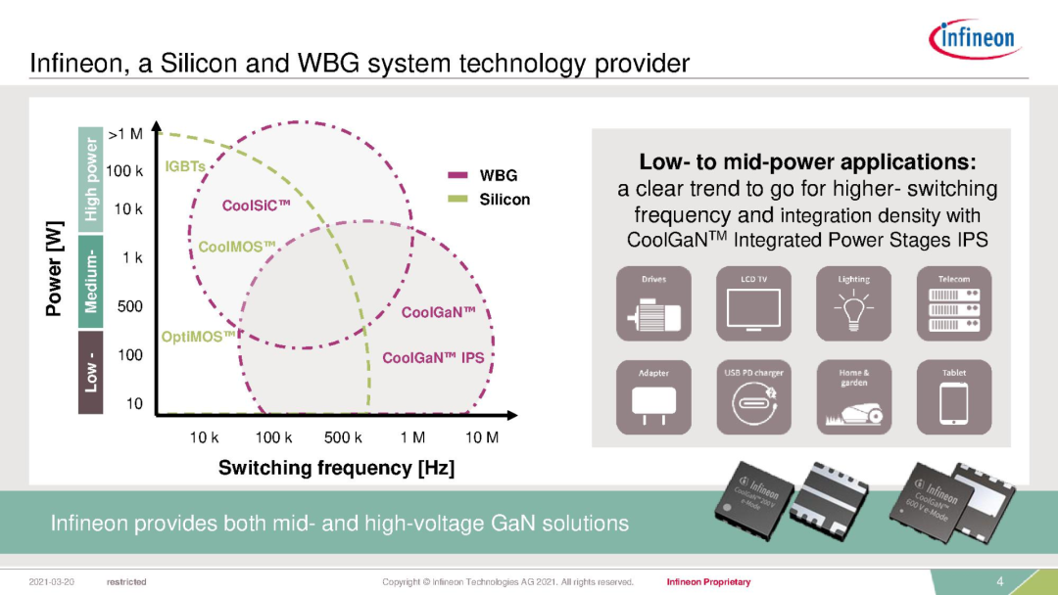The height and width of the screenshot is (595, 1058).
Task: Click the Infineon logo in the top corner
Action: (x=976, y=38)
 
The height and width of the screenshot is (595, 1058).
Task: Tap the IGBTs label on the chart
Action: (x=185, y=166)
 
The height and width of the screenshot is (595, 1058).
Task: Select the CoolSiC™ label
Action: (x=257, y=206)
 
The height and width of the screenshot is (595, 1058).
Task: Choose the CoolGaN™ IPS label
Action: (x=433, y=358)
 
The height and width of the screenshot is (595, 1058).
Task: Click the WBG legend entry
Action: (x=498, y=176)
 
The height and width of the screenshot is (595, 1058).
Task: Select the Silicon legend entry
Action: (x=505, y=200)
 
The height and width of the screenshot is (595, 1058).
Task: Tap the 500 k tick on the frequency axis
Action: (x=343, y=437)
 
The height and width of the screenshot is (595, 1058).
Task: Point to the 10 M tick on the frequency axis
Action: (x=481, y=437)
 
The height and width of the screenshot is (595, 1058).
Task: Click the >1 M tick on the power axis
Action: (x=124, y=133)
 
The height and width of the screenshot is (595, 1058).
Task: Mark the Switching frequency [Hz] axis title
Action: (x=336, y=468)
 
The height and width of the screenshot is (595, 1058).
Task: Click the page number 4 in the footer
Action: (x=1000, y=582)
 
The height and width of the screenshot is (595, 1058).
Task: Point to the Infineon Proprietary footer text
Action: (x=708, y=582)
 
